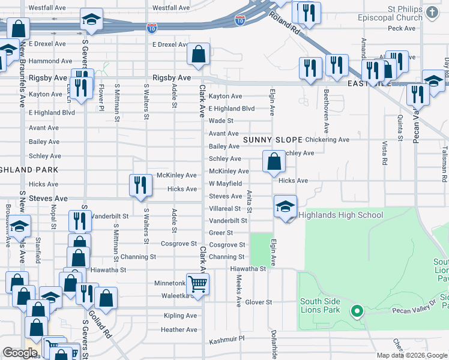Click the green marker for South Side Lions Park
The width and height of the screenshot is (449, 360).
tap(357, 311)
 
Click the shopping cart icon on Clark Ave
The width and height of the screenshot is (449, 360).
tap(197, 284)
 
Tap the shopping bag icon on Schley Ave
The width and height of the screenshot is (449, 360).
tap(274, 161)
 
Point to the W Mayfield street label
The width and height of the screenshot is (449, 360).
tap(225, 184)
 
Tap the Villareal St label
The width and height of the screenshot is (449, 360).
tap(224, 209)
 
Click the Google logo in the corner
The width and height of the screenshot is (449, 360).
tap(20, 353)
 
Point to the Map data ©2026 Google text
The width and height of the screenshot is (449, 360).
tap(412, 355)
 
